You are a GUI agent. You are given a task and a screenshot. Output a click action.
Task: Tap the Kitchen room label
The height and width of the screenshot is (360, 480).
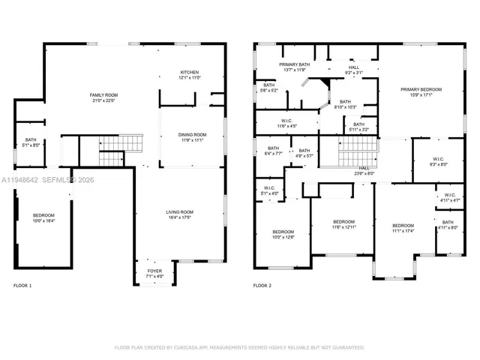click(190, 74)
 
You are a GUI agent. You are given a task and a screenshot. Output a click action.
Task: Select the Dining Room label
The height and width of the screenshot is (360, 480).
click(192, 137)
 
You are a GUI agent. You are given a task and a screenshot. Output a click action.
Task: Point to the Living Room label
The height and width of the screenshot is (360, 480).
click(180, 215)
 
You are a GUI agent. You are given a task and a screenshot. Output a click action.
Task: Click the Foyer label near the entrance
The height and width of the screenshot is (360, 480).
click(154, 273)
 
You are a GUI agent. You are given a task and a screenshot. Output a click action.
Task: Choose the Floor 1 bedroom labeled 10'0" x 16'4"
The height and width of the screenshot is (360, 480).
click(43, 218)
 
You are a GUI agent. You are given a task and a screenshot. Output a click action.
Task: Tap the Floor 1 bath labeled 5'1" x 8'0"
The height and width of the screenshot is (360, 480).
click(31, 142)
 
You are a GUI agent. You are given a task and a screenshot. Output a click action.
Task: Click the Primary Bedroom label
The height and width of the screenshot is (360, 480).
click(421, 91)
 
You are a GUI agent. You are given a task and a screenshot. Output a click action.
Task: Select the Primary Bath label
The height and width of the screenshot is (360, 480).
click(295, 67)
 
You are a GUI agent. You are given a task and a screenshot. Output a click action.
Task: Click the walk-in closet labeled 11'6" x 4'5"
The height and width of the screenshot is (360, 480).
click(286, 123)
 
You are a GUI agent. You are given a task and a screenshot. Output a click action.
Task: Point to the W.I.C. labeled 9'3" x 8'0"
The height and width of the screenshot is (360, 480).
click(439, 161)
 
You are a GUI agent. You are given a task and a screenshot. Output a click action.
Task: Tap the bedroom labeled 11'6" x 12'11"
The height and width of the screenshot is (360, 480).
click(343, 224)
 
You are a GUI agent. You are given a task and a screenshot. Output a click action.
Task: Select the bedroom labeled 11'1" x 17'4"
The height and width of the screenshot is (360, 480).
click(403, 228)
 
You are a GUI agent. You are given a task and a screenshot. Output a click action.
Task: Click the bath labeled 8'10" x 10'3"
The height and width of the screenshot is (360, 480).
click(345, 104)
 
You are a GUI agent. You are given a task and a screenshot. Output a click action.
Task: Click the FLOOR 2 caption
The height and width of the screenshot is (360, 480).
click(262, 286)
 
